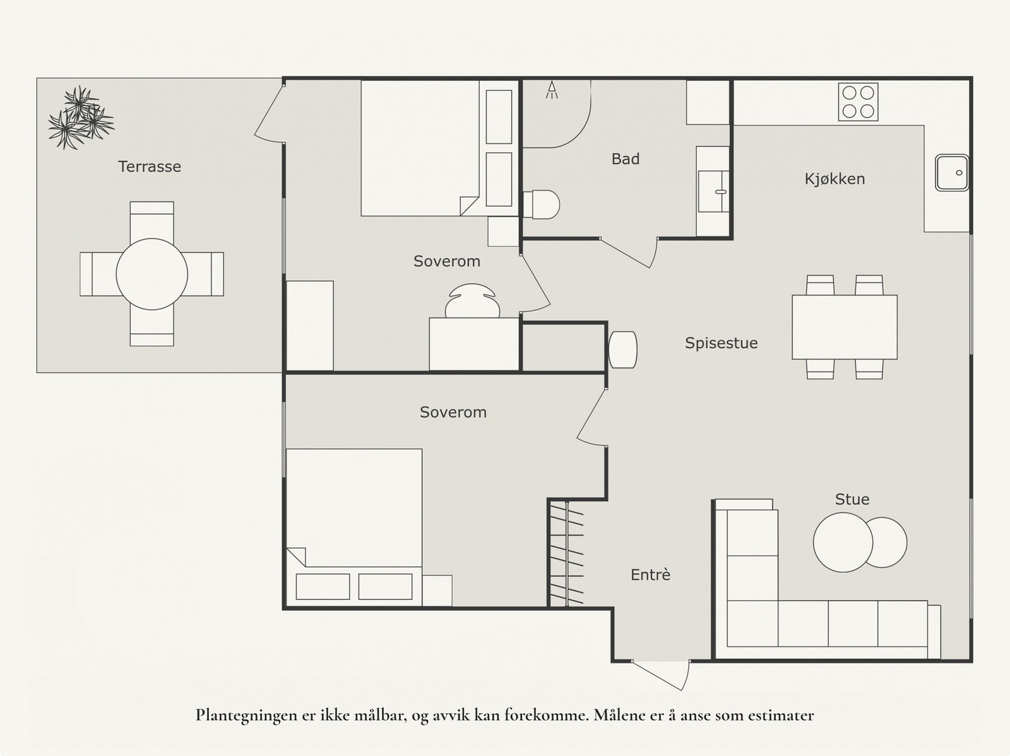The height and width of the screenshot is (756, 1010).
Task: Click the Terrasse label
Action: coord(150,167)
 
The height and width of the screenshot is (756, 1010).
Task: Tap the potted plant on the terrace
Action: coord(81,118)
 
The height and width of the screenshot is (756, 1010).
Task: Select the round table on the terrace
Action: coord(152,274)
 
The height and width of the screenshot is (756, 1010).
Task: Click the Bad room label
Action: coord(626,159)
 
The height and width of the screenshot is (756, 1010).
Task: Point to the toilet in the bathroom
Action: coord(541,204)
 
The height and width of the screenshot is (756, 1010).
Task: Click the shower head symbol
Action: coord(552,90)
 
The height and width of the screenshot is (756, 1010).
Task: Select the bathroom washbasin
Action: coord(713,191)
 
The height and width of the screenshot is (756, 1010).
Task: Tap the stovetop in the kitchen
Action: coord(858,102)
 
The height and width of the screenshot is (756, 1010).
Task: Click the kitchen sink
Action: coord(952,173)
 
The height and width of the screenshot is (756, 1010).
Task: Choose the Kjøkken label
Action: coord(835,179)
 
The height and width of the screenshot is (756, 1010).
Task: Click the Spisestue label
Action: coord(721,343)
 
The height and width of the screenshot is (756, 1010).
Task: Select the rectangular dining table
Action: coord(845,327)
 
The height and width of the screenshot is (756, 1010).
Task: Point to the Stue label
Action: coord(852,499)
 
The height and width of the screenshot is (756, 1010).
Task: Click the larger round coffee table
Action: coord(843,543)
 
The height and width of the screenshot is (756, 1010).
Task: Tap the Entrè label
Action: coord(650,575)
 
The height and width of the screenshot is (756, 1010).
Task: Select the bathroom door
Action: coord(629,252)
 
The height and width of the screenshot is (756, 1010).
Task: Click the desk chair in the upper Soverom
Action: coord(472,301)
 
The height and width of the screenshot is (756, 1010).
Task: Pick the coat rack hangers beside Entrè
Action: coord(567,553)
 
